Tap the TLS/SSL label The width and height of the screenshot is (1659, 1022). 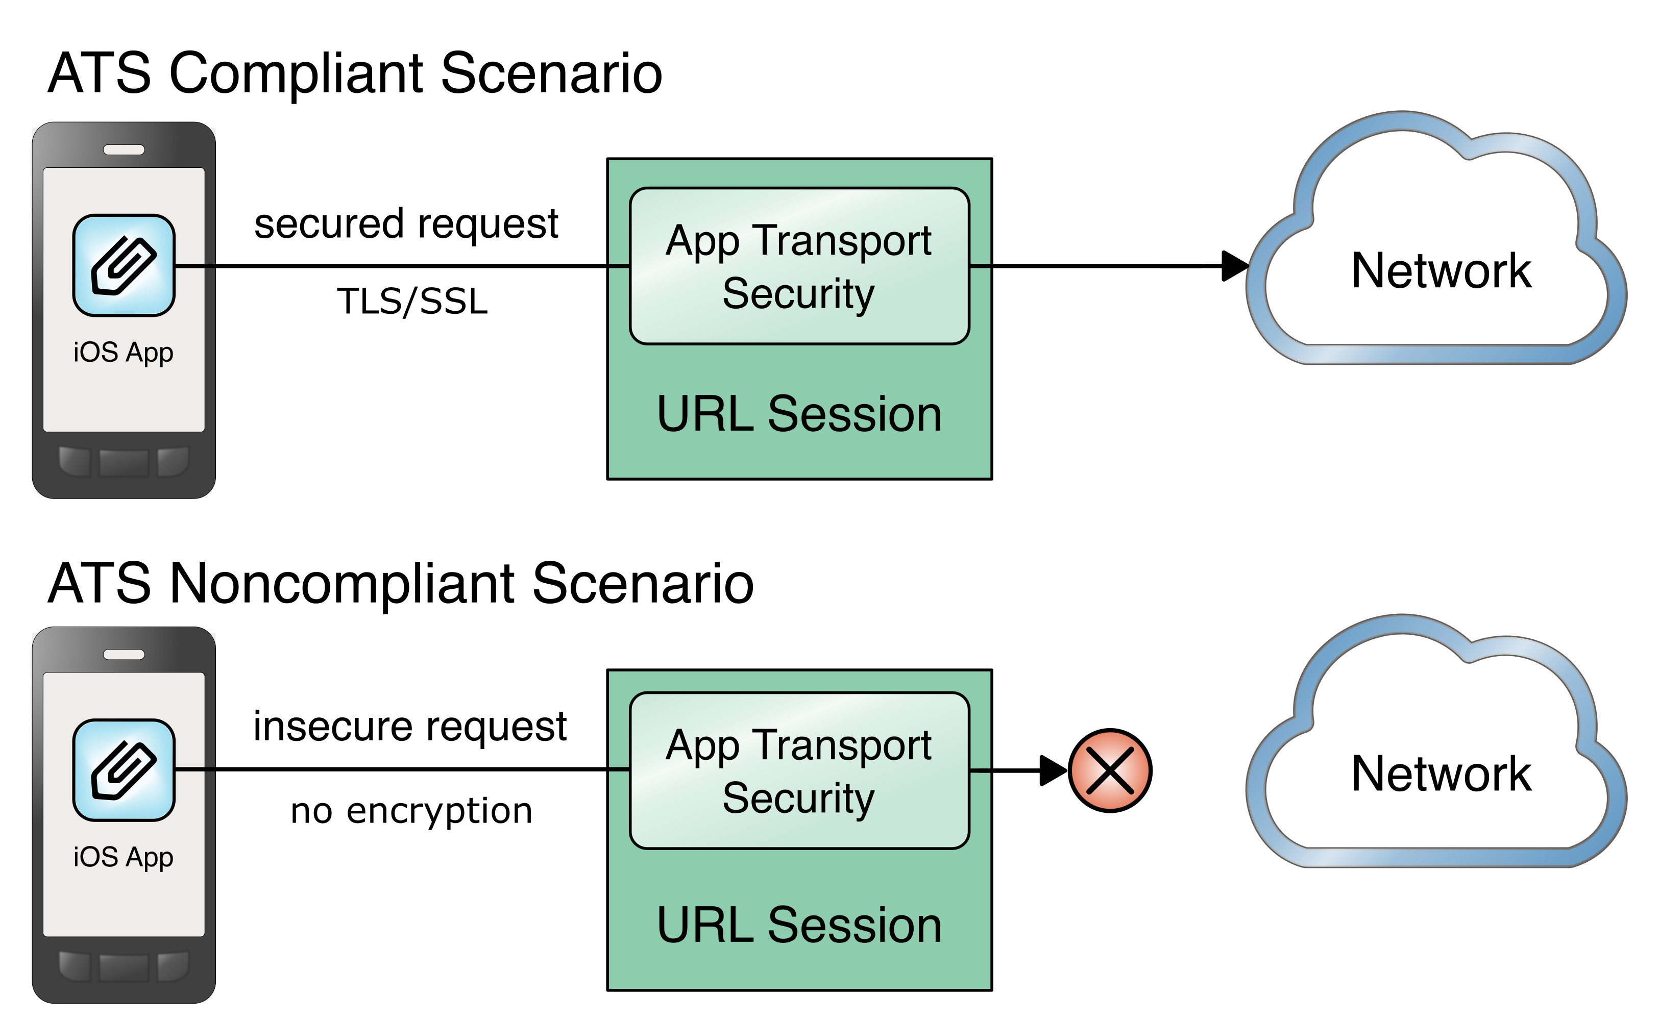click(412, 302)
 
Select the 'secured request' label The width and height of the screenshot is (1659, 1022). click(406, 225)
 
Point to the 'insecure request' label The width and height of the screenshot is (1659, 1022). click(410, 727)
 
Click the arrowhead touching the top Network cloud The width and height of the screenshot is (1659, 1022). click(1234, 266)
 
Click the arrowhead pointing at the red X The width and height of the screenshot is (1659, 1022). click(1052, 770)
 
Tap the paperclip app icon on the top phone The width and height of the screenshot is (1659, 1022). click(124, 265)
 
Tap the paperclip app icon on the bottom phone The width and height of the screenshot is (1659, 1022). click(124, 770)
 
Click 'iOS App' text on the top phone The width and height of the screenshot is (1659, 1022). click(124, 352)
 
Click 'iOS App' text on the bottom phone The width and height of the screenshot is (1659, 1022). click(124, 857)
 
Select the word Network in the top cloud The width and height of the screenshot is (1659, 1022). click(1441, 270)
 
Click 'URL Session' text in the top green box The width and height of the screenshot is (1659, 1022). click(799, 414)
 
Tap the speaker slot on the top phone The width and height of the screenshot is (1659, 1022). click(124, 150)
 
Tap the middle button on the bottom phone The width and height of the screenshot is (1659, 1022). click(124, 967)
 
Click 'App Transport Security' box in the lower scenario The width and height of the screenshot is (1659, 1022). click(799, 770)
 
